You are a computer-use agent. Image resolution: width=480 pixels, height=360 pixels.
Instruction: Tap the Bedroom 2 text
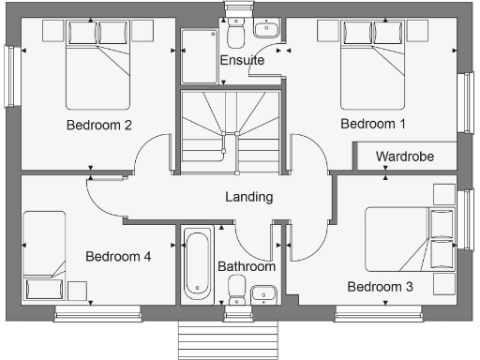coord(97,124)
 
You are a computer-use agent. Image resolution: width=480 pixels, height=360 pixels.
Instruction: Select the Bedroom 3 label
coord(380,286)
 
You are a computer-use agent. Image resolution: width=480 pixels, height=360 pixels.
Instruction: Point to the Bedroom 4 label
coord(117,256)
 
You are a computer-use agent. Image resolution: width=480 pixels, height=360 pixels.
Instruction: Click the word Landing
coord(249,197)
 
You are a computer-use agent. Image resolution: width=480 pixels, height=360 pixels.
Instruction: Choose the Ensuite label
coord(241,61)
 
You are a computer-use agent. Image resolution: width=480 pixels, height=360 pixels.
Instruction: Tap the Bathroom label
coord(247,266)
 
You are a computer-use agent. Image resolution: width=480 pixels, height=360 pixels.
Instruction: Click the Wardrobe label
coord(405,157)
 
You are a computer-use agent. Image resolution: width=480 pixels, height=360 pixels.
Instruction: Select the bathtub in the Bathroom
coord(198,262)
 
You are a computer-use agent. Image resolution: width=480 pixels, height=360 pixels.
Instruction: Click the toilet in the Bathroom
coord(236,286)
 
